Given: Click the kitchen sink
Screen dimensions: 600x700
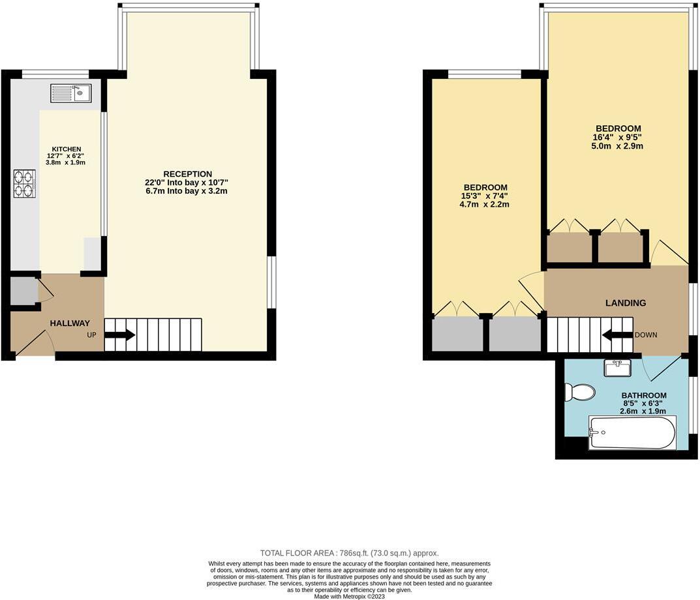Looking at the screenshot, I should [71, 93].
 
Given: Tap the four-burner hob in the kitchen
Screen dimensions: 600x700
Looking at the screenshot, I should [25, 183].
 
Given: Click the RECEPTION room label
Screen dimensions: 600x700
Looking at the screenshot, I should [187, 174].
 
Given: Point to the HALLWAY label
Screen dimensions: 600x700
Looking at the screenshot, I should [70, 323].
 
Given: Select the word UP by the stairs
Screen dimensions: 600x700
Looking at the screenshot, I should [92, 335].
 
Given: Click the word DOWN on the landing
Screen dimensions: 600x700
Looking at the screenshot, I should [646, 335].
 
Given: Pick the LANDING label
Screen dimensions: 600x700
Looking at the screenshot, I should [625, 303].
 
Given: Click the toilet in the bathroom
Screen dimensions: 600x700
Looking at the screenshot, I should [580, 392].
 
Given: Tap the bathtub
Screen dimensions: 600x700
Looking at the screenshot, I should [632, 433].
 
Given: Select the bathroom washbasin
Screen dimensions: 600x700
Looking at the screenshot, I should [617, 368].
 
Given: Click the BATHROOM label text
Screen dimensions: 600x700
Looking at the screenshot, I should [643, 395].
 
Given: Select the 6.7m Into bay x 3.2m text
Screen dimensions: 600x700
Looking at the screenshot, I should [187, 192].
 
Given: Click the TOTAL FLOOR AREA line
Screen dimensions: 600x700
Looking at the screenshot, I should [349, 552].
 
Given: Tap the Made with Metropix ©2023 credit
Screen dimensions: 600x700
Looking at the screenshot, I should [349, 596].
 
